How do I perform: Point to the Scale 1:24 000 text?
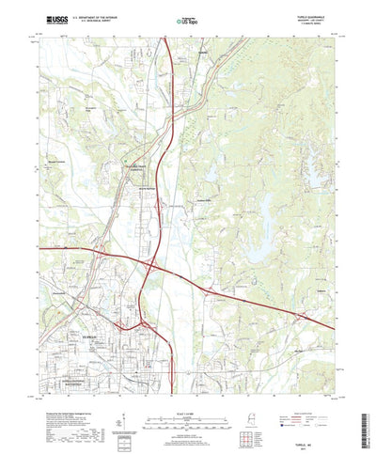point(187,398)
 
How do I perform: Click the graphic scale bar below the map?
point(187,406)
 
